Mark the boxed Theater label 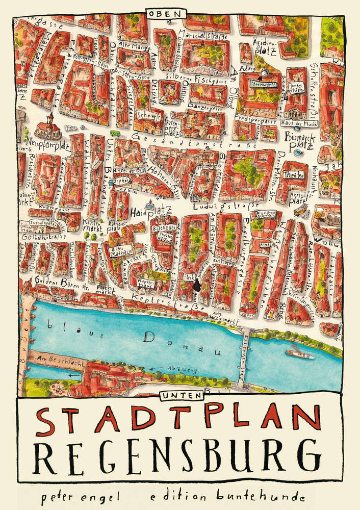point(297,175)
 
